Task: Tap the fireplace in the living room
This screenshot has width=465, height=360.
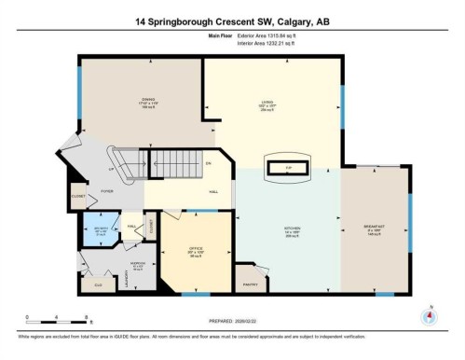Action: click(x=289, y=168)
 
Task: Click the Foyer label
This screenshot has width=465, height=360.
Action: click(x=107, y=190)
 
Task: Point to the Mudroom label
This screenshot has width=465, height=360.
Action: click(x=136, y=265)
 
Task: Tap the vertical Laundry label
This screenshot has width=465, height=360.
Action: click(x=124, y=277)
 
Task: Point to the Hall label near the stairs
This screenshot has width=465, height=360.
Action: click(x=213, y=190)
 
